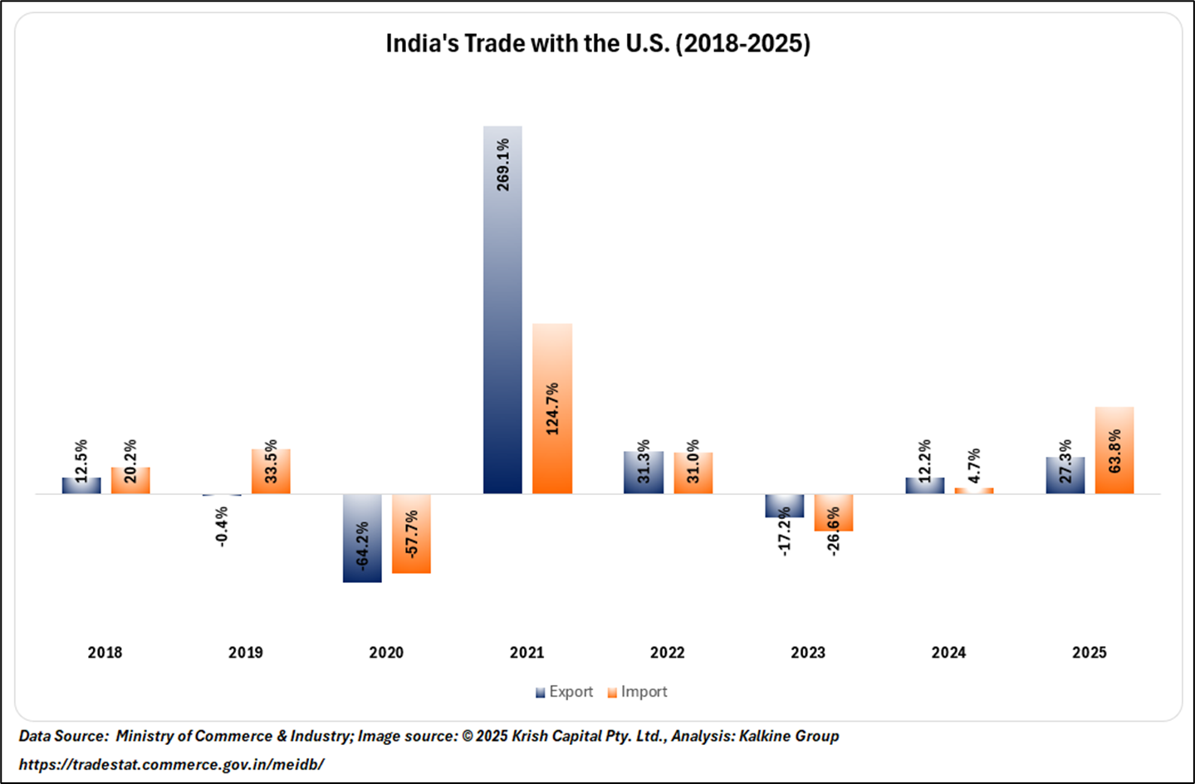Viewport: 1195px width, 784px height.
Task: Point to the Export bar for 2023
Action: pos(784,506)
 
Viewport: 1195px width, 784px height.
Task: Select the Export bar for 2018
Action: pos(81,486)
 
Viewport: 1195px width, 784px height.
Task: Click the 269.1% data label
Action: pos(503,164)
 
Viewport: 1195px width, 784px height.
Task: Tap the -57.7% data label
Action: pos(412,533)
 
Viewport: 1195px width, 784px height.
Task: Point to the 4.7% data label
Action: pos(974,465)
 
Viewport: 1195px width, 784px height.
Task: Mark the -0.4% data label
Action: pos(222,527)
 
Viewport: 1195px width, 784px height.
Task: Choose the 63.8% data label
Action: pos(1114,451)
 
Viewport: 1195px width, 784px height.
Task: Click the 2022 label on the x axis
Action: pos(668,653)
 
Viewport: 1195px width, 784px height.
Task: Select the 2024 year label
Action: pos(948,653)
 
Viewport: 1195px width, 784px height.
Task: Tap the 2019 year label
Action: pos(246,653)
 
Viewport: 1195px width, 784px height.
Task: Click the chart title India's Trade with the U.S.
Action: pos(598,43)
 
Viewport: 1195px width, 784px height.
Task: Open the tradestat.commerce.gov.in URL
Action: pos(171,764)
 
